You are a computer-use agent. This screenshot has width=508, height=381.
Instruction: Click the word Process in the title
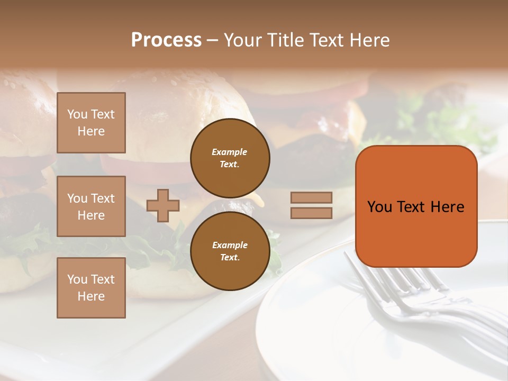click(x=166, y=40)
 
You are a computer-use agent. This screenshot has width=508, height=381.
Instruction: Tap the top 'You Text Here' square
click(x=91, y=123)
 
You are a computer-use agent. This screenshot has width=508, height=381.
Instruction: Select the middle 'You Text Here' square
click(x=91, y=206)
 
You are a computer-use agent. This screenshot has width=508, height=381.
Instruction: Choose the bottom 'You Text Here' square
click(x=91, y=288)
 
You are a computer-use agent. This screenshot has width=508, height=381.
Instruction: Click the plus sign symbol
click(x=163, y=205)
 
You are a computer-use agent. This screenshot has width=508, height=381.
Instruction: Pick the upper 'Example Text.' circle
click(x=230, y=158)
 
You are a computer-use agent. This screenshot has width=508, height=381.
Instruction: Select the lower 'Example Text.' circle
click(x=230, y=251)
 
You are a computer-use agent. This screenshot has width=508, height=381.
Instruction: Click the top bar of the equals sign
click(x=311, y=198)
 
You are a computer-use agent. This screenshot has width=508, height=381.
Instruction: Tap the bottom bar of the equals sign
click(x=311, y=213)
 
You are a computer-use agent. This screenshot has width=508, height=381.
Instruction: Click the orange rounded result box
click(x=416, y=206)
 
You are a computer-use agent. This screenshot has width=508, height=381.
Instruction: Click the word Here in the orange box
click(x=447, y=207)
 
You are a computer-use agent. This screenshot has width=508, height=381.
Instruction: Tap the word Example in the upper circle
click(x=230, y=152)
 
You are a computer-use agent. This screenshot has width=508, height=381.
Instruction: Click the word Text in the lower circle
click(x=230, y=257)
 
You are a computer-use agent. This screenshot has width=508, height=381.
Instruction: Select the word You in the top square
click(x=77, y=114)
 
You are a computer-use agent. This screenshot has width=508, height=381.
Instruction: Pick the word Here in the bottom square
click(x=91, y=296)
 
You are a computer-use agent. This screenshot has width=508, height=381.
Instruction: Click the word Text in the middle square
click(x=103, y=198)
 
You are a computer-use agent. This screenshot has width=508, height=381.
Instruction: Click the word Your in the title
click(x=243, y=40)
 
